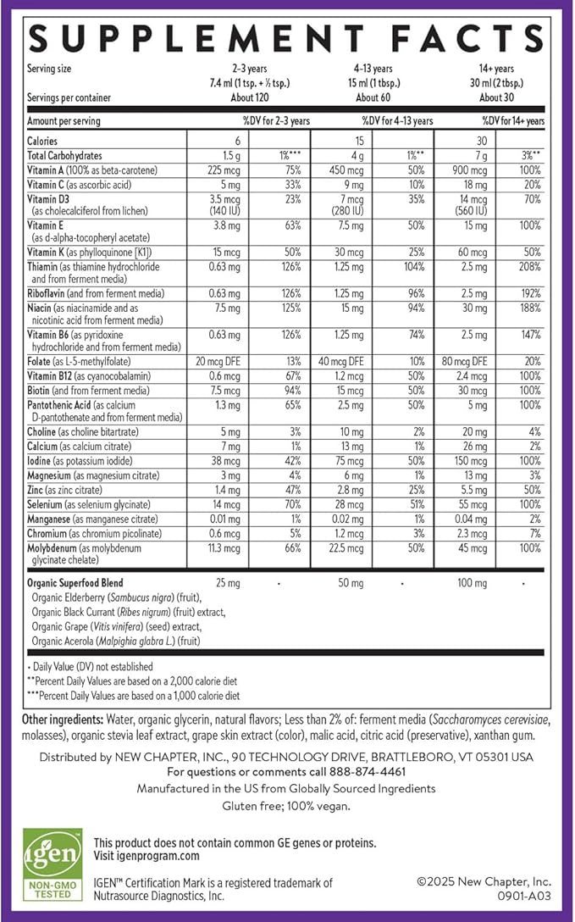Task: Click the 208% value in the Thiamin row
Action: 531,267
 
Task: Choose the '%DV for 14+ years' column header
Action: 513,121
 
